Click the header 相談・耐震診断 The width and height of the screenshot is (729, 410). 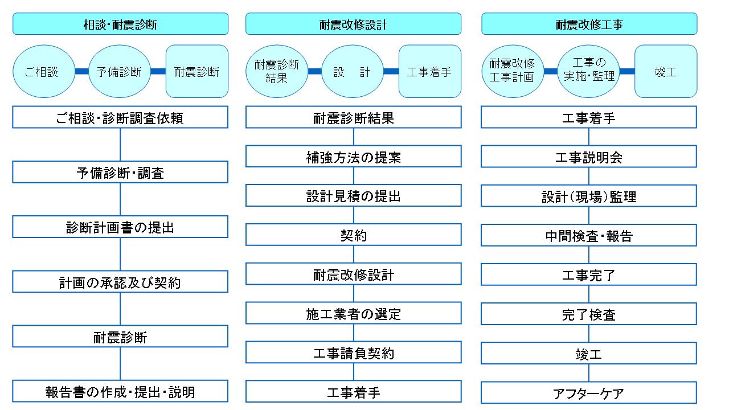tap(120, 24)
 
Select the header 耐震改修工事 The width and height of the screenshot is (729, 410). tap(589, 24)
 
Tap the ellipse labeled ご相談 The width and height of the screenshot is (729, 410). tap(44, 71)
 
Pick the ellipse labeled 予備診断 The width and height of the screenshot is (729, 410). tap(120, 71)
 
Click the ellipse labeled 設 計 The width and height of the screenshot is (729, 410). tap(353, 71)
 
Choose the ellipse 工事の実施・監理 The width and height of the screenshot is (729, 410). tap(588, 71)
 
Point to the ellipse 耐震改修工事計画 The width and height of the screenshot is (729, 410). tap(513, 71)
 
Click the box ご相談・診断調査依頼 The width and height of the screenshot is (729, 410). tap(120, 117)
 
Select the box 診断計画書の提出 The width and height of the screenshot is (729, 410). tap(120, 227)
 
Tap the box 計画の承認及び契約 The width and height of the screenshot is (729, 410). tap(120, 281)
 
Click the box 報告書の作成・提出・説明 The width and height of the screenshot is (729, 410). tap(120, 391)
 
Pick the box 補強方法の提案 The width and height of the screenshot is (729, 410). tap(354, 157)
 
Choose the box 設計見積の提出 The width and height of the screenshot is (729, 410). tap(354, 195)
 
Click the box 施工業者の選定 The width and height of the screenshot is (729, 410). tap(354, 313)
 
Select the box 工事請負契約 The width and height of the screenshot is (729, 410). tap(354, 352)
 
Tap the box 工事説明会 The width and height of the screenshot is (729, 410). tap(589, 157)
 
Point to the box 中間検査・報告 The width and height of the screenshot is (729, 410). tap(589, 235)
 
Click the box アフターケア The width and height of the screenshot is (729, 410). tap(589, 393)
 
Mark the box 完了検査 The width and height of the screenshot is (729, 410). tap(589, 314)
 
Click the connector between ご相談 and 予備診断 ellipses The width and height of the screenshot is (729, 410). tap(81, 71)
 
